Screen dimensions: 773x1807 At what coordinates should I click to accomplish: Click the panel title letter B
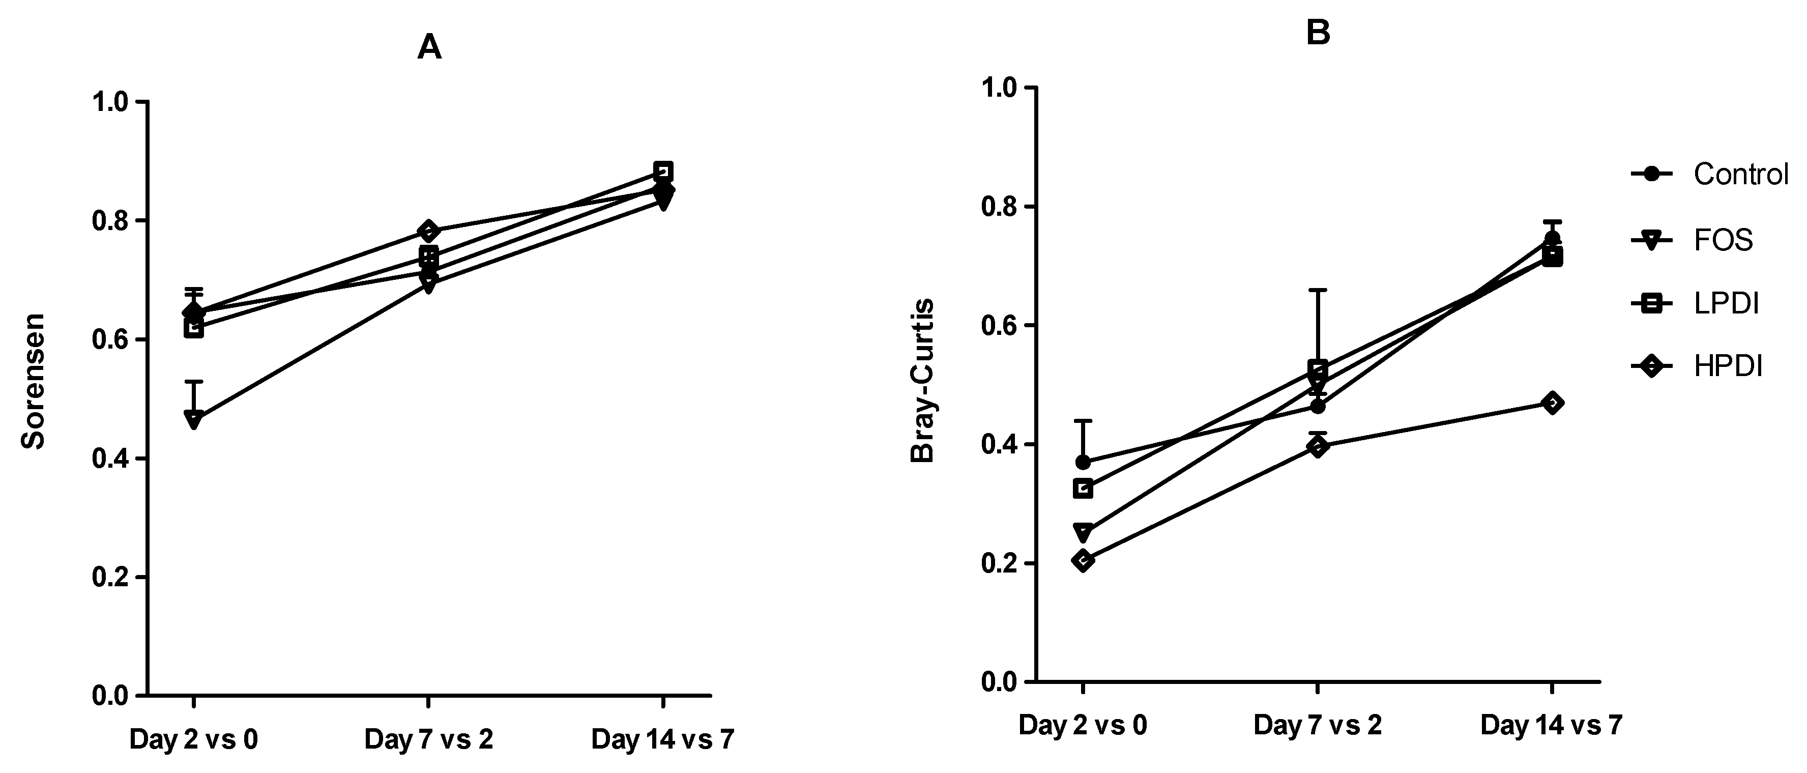coord(1318,33)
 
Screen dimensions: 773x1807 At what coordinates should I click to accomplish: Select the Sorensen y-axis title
coord(33,381)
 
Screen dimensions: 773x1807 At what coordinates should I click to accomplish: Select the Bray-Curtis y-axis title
coord(922,381)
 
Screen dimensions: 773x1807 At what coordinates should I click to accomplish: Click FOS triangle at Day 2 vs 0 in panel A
coord(194,419)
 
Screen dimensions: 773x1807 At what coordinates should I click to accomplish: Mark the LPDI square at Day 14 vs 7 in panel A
coord(663,170)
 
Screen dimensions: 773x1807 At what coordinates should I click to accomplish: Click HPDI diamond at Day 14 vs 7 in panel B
coord(1552,403)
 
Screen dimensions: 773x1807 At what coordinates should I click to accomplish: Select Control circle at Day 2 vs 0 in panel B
coord(1083,462)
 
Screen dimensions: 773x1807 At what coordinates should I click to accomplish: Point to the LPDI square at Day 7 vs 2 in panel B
coord(1318,368)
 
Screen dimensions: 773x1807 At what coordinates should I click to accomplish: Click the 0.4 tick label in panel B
coord(999,445)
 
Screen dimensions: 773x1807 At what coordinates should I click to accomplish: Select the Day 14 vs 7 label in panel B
coord(1552,725)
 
